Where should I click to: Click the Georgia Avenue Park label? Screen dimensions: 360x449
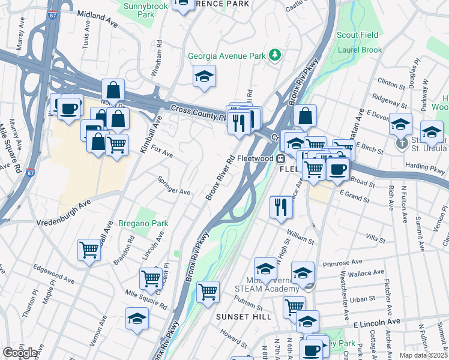pyautogui.click(x=227, y=56)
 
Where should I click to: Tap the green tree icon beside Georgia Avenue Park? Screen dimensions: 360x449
pyautogui.click(x=276, y=55)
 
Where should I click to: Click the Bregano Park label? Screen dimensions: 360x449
pyautogui.click(x=143, y=223)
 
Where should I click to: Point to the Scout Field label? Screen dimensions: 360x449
pyautogui.click(x=355, y=35)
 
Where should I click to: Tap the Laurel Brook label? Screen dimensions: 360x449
pyautogui.click(x=360, y=50)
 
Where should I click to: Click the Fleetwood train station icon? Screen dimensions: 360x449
pyautogui.click(x=280, y=158)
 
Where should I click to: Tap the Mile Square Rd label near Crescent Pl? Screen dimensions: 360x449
pyautogui.click(x=146, y=298)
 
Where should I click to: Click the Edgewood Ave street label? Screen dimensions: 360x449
pyautogui.click(x=53, y=275)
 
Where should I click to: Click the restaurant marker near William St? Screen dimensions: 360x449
pyautogui.click(x=281, y=208)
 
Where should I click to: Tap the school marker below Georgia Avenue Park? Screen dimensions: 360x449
pyautogui.click(x=204, y=77)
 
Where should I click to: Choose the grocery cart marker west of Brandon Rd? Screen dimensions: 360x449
pyautogui.click(x=89, y=248)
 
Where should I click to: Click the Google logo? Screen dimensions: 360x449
pyautogui.click(x=20, y=353)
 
